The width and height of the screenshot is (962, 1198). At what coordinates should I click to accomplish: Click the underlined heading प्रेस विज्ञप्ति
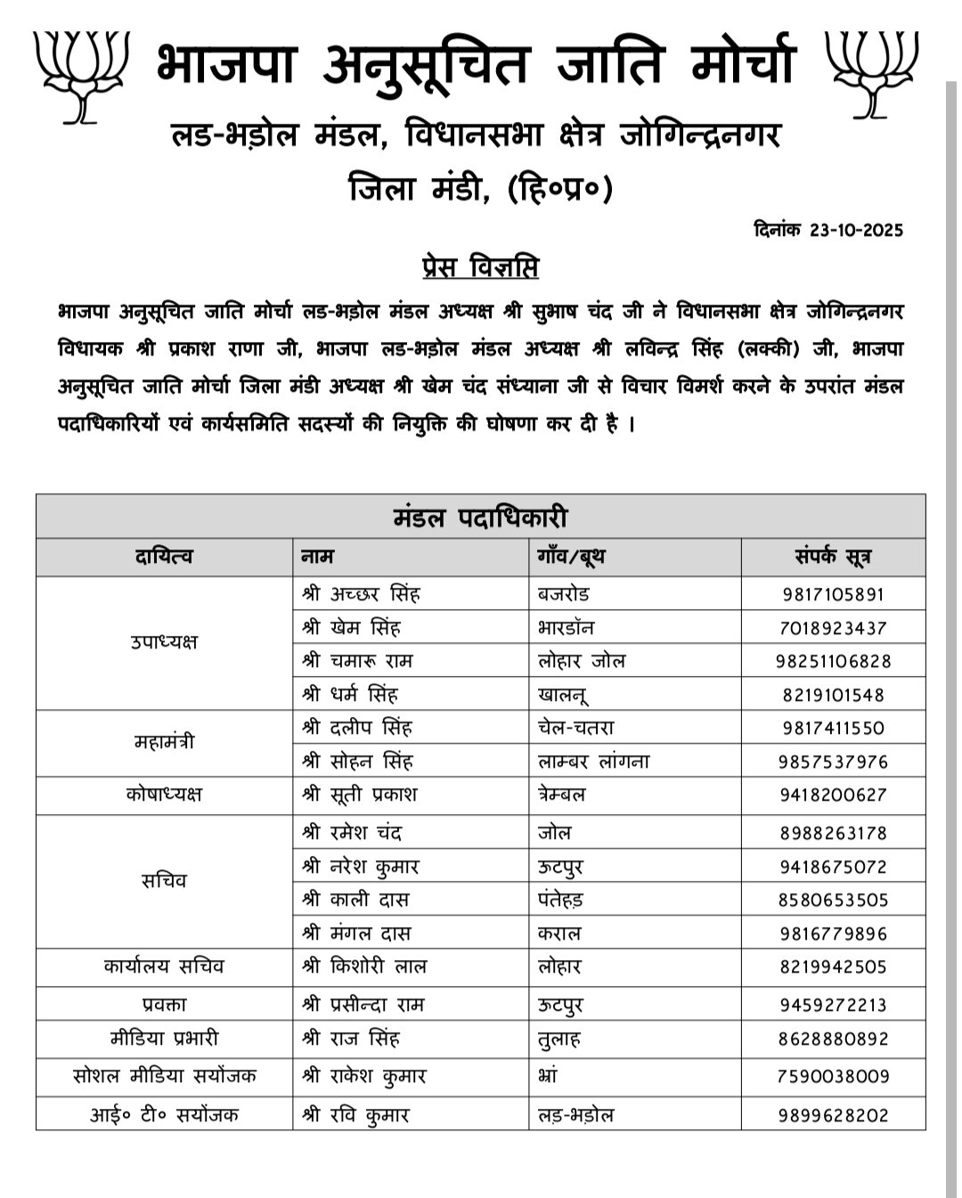pos(479,267)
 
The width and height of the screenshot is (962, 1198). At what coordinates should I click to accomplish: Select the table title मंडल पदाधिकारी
pos(480,518)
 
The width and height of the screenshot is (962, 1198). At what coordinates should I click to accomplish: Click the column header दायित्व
pos(164,558)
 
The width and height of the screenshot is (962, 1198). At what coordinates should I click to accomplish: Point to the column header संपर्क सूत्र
pos(832,558)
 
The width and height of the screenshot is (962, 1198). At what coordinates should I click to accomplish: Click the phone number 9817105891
pos(834,594)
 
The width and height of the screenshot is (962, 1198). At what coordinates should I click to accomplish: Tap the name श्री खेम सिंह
pos(352,628)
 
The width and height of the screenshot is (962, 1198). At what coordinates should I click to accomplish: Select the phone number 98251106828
pos(834,661)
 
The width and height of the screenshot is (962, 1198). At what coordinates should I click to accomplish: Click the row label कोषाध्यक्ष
pos(164,794)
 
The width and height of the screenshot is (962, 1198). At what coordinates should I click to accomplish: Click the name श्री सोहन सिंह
pos(357,762)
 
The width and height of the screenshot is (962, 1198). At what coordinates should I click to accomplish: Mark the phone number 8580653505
pos(834,900)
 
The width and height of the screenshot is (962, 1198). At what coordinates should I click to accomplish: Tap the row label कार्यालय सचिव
pos(164,966)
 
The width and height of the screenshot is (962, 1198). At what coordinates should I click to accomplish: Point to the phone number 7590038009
pos(834,1076)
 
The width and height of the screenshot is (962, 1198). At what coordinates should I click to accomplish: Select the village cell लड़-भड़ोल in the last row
pos(576,1115)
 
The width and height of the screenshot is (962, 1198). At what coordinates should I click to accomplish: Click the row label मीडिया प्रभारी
pos(164,1039)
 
